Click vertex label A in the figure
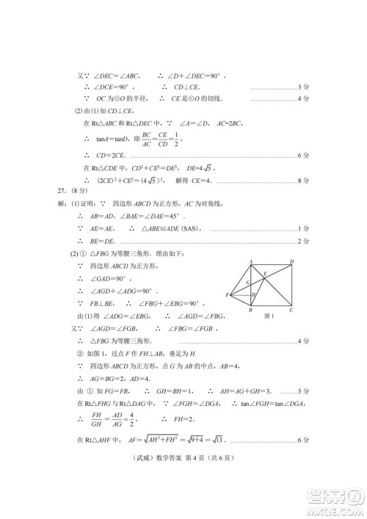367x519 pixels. click(251, 261)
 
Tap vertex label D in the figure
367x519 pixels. click(291, 261)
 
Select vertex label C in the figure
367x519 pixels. click(291, 310)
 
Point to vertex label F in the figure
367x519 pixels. click(228, 295)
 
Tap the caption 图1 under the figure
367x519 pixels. click(267, 316)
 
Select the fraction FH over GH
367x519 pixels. click(94, 418)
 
